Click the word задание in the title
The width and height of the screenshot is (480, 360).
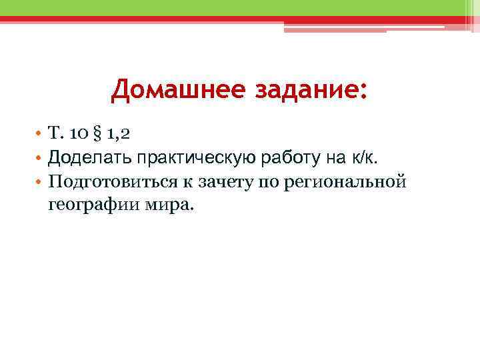(x=306, y=90)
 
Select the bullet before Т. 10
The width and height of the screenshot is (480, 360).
(x=41, y=133)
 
